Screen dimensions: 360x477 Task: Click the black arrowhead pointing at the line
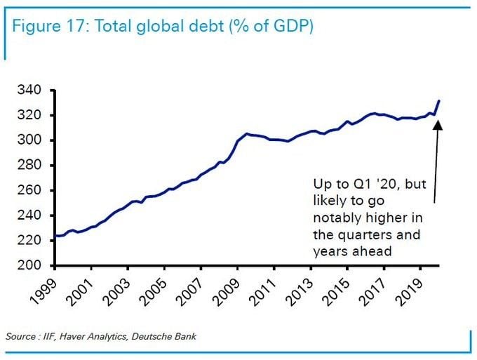coord(438,125)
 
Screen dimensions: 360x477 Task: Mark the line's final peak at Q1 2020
coord(439,101)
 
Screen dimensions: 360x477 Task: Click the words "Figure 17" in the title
coord(48,27)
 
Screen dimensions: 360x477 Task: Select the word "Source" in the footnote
coord(20,338)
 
